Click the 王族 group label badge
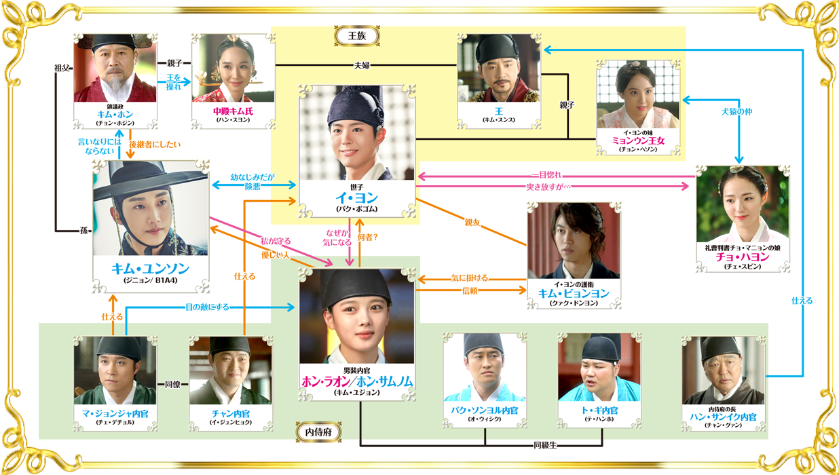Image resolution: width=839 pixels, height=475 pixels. (x=357, y=36)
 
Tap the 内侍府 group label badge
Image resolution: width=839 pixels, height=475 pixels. (x=319, y=432)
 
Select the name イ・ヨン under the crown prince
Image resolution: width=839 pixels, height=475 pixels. (x=356, y=197)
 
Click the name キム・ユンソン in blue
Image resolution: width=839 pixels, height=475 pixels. (x=151, y=269)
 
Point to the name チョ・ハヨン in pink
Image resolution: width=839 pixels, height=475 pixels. (x=743, y=257)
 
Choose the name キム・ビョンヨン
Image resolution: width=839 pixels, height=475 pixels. (x=574, y=293)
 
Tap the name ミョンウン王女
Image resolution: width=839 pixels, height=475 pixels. (x=638, y=140)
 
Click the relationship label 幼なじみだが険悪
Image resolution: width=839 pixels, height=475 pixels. (x=253, y=182)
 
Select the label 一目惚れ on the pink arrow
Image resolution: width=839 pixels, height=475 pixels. (x=549, y=175)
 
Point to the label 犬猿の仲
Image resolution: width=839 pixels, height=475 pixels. (x=737, y=111)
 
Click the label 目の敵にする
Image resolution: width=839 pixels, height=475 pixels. (x=207, y=307)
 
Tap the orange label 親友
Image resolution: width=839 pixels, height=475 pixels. (x=472, y=223)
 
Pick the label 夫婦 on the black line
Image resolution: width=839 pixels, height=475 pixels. (x=362, y=66)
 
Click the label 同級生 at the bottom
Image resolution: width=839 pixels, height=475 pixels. (x=545, y=445)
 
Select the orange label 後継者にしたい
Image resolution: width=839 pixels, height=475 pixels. (x=155, y=145)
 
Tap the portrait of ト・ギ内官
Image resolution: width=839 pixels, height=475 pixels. (x=599, y=367)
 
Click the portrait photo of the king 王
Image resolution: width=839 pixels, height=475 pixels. (x=499, y=68)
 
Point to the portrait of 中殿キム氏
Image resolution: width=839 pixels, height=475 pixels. (x=234, y=68)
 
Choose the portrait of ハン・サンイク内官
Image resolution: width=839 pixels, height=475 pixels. (x=723, y=370)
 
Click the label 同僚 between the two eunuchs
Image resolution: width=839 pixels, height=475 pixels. (x=172, y=385)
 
